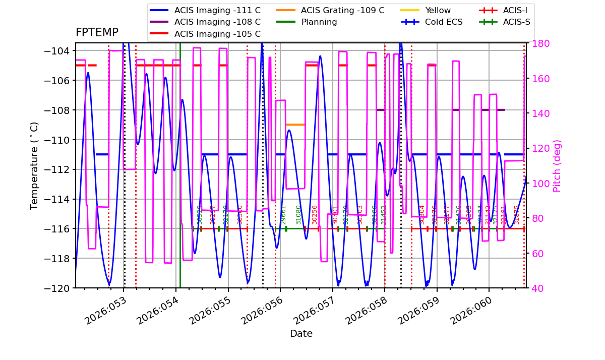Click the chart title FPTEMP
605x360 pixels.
pyautogui.click(x=97, y=33)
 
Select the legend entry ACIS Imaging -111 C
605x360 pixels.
pyautogui.click(x=217, y=10)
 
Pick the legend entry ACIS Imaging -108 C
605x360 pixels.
pyautogui.click(x=217, y=22)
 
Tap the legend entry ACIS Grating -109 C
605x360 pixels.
pyautogui.click(x=342, y=10)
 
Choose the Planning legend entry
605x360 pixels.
pyautogui.click(x=319, y=22)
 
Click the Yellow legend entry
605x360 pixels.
pyautogui.click(x=438, y=10)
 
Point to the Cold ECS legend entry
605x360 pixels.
pyautogui.click(x=443, y=22)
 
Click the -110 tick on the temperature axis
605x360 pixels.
pyautogui.click(x=59, y=140)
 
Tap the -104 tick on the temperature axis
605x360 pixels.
pyautogui.click(x=59, y=51)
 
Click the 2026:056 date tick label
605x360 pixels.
pyautogui.click(x=260, y=311)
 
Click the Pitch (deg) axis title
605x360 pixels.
pyautogui.click(x=557, y=165)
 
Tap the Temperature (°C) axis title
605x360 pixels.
pyautogui.click(x=35, y=165)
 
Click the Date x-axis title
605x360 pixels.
pyautogui.click(x=301, y=334)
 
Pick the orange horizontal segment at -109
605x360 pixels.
pyautogui.click(x=295, y=125)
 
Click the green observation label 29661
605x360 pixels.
pyautogui.click(x=283, y=214)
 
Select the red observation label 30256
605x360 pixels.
pyautogui.click(x=315, y=214)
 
